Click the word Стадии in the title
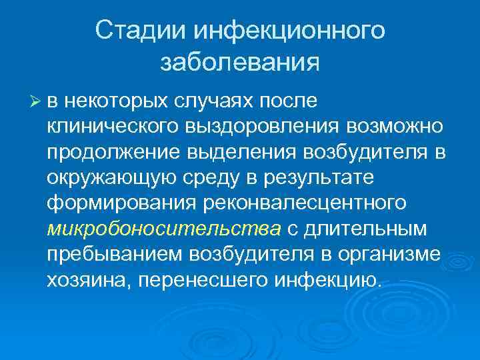(139, 31)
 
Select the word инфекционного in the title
(290, 31)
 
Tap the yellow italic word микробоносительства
(164, 229)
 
